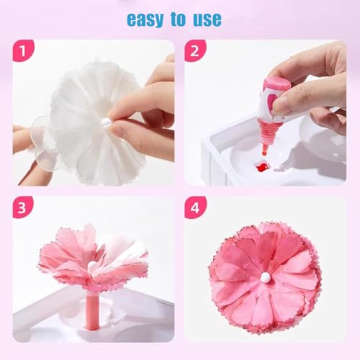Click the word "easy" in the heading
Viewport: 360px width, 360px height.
(145, 19)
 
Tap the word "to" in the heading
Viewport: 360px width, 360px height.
(178, 19)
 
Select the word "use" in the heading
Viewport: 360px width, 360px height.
(207, 19)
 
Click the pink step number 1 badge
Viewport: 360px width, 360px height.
(23, 50)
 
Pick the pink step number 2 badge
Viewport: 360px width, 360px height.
(195, 50)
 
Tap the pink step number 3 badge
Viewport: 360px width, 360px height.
(22, 207)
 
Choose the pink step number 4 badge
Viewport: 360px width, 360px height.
(195, 207)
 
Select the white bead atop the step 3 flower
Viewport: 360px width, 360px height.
(92, 266)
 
